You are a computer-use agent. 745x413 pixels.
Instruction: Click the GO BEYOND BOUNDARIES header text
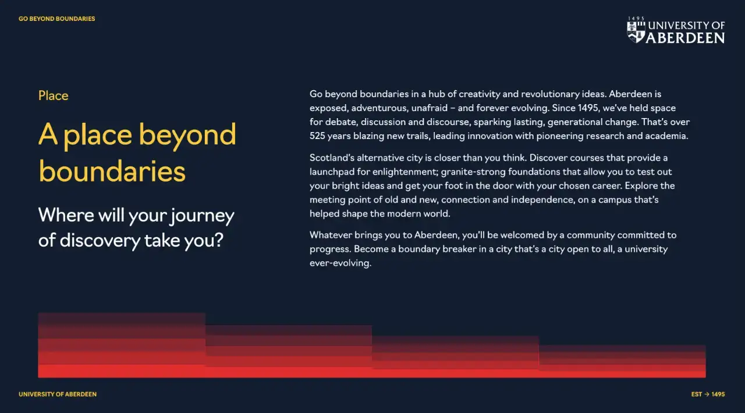click(57, 19)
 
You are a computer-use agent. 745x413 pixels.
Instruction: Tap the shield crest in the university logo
click(636, 32)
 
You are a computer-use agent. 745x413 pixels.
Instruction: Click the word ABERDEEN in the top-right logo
click(685, 38)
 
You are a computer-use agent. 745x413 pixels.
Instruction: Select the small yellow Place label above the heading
click(53, 96)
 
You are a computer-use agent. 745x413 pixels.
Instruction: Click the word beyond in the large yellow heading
click(187, 135)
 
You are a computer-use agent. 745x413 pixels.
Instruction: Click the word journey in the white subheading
click(203, 216)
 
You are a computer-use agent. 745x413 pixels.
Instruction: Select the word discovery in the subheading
click(100, 241)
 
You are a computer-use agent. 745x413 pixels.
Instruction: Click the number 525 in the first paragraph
click(317, 136)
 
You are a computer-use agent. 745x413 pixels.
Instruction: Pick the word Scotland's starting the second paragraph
click(332, 158)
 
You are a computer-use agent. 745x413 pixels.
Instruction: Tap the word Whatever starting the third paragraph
click(331, 235)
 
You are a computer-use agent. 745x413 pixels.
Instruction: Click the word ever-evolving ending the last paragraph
click(340, 263)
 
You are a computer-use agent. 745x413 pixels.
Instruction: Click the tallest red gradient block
click(122, 345)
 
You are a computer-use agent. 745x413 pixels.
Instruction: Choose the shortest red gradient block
click(622, 361)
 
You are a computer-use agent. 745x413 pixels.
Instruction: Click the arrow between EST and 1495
click(707, 394)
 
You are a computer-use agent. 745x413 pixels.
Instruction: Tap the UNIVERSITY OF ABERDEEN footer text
click(58, 394)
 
